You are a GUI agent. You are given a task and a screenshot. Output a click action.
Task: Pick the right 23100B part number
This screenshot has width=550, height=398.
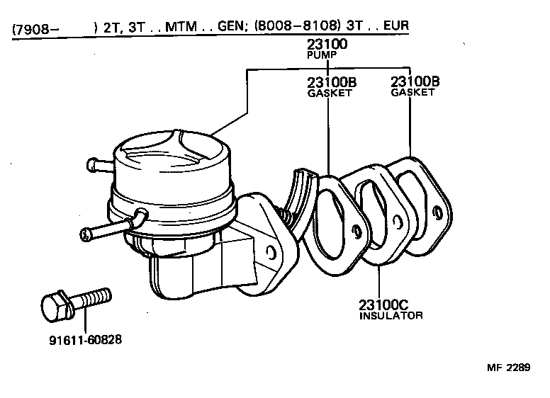pos(415,81)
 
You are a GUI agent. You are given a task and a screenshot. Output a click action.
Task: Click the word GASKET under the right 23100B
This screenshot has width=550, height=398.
pos(412,92)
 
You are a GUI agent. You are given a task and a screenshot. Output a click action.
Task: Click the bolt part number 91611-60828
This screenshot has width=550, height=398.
pos(85,339)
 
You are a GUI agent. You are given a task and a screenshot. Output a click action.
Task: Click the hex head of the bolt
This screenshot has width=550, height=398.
pos(54,306)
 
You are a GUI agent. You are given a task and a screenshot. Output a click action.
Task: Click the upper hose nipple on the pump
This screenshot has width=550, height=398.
pos(96,165)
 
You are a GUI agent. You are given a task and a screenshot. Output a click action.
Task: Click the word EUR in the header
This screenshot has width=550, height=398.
pos(397,30)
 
